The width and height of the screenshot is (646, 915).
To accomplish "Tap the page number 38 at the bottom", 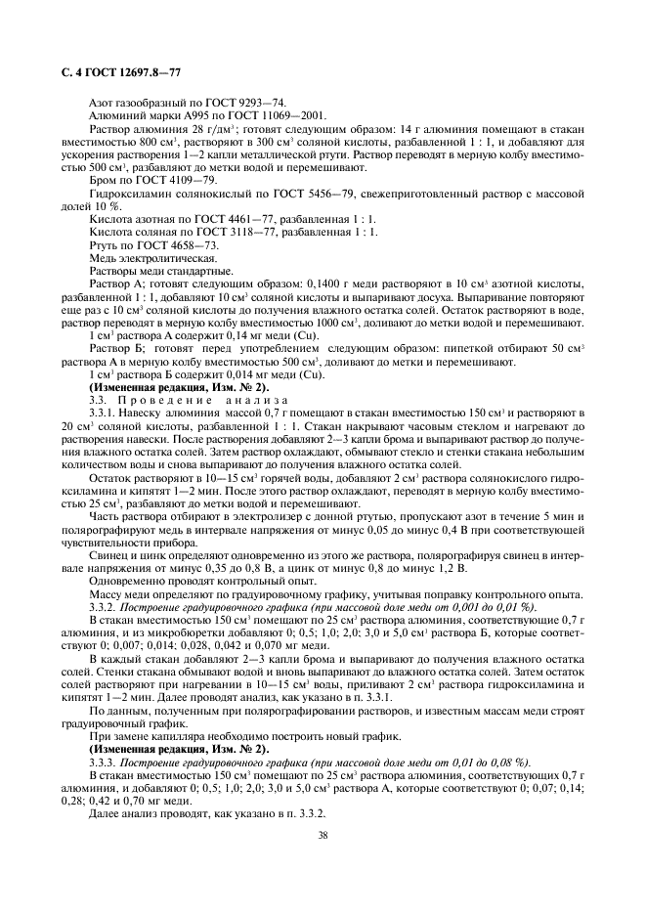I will [x=322, y=835].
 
